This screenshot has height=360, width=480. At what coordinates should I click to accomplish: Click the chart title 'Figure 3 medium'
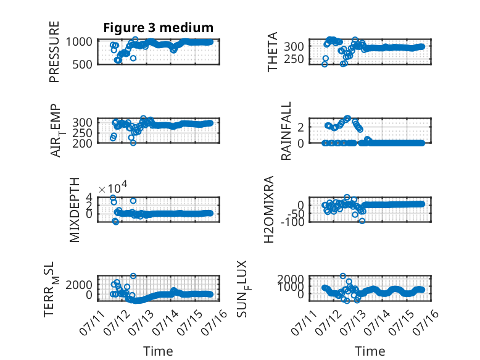[x=159, y=28]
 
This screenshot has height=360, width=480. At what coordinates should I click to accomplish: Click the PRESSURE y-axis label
[x=54, y=52]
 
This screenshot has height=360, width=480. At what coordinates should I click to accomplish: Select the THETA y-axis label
[x=272, y=52]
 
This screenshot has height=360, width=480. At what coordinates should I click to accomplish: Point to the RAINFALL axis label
[x=286, y=131]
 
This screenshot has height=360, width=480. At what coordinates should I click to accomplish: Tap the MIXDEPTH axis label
[x=75, y=210]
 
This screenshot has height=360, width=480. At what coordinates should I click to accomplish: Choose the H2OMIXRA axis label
[x=269, y=209]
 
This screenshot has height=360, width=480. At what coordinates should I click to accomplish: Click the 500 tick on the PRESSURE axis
[x=82, y=65]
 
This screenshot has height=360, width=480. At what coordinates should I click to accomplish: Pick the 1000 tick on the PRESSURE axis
[x=79, y=41]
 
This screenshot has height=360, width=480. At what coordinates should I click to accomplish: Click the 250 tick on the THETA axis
[x=294, y=59]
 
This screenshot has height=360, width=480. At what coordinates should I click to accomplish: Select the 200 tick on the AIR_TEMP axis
[x=82, y=143]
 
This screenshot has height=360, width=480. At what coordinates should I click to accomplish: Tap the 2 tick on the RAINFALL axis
[x=300, y=127]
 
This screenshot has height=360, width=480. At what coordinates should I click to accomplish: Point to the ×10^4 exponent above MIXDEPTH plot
[x=113, y=187]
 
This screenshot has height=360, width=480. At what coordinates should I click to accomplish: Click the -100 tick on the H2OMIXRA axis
[x=292, y=222]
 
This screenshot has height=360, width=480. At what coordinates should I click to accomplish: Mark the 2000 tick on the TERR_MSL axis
[x=79, y=285]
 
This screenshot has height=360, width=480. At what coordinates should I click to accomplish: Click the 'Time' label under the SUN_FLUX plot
[x=370, y=351]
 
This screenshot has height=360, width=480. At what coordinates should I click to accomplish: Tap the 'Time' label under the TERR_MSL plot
[x=159, y=351]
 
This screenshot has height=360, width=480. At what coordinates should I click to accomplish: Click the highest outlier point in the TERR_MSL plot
[x=133, y=276]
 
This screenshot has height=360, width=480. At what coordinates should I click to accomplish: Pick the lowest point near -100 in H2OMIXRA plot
[x=362, y=221]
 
